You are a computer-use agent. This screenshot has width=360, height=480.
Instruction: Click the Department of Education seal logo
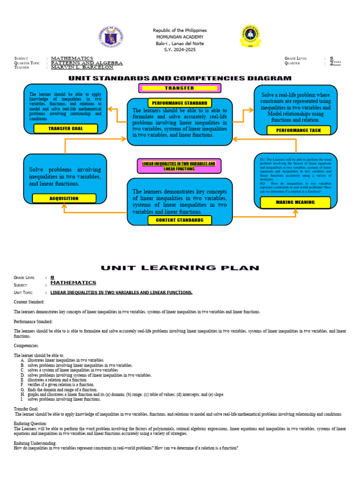coord(112,37)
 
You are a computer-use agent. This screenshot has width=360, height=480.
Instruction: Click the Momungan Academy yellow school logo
coord(251,37)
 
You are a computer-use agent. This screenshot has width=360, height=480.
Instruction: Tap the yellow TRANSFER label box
coord(179,88)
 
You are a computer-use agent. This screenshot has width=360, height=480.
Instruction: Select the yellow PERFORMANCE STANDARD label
coord(180,103)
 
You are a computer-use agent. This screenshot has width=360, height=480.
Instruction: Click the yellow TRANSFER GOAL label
coord(65,128)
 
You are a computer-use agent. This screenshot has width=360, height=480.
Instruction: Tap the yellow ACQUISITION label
coord(64,198)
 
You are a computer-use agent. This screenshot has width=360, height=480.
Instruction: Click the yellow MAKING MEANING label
coord(295,202)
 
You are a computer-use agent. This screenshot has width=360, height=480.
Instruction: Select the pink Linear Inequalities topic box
coord(179,166)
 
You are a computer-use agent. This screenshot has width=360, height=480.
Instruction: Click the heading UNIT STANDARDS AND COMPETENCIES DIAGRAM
coord(180,78)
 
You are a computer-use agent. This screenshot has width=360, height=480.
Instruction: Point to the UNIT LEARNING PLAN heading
coord(180,268)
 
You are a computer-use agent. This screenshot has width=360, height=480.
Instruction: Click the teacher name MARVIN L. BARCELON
coord(82,67)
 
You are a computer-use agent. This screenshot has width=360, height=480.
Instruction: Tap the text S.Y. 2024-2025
coord(180,49)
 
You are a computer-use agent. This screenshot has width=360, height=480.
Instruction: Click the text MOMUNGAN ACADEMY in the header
coord(180,37)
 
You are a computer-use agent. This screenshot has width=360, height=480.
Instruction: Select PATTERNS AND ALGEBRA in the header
coord(87,63)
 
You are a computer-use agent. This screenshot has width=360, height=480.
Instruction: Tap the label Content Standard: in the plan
coord(29,302)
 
